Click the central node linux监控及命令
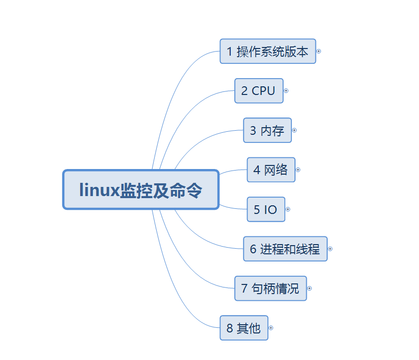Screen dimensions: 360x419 pyautogui.click(x=141, y=189)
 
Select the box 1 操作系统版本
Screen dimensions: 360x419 pyautogui.click(x=268, y=51)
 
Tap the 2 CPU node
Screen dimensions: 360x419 pyautogui.click(x=259, y=91)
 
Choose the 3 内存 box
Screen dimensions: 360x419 pyautogui.click(x=267, y=130)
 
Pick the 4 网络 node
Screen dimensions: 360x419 pyautogui.click(x=271, y=170)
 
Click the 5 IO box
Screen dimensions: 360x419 pyautogui.click(x=266, y=209)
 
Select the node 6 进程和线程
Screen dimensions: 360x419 pyautogui.click(x=285, y=249)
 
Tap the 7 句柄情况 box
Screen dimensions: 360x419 pyautogui.click(x=270, y=289)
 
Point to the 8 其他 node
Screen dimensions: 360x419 pyautogui.click(x=244, y=328)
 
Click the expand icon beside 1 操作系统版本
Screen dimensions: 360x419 pyautogui.click(x=319, y=51)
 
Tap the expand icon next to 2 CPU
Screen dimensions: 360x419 pyautogui.click(x=286, y=91)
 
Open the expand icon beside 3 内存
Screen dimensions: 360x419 pyautogui.click(x=294, y=130)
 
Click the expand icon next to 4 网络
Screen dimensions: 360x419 pyautogui.click(x=298, y=170)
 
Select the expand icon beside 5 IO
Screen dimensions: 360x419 pyautogui.click(x=288, y=209)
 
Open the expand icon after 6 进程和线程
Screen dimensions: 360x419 pyautogui.click(x=330, y=249)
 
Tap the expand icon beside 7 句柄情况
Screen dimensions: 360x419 pyautogui.click(x=309, y=289)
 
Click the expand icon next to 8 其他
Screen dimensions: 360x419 pyautogui.click(x=271, y=328)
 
